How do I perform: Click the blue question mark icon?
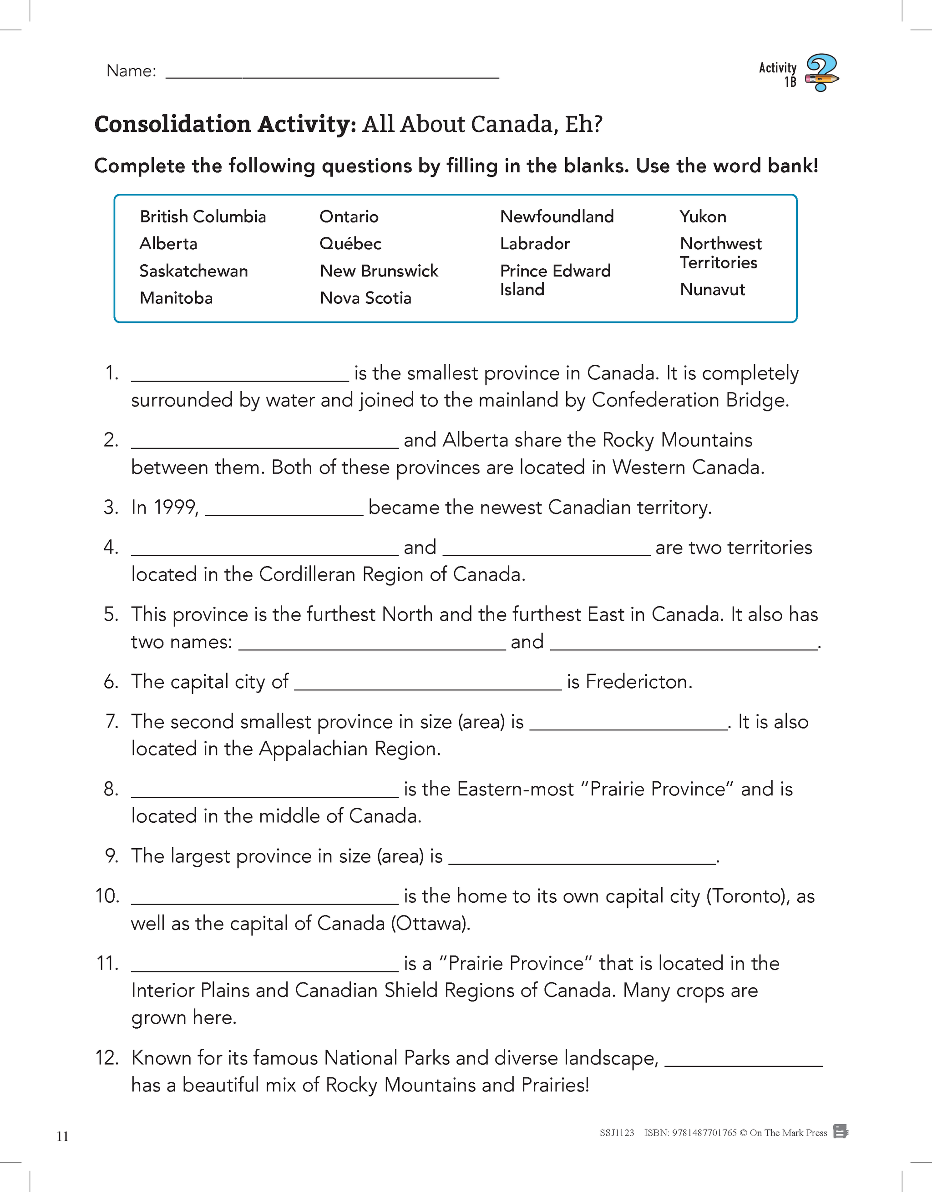(822, 72)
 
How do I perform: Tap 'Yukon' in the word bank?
(703, 216)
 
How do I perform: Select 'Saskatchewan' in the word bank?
(193, 271)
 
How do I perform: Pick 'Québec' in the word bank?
(350, 243)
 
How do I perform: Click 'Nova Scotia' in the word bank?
(365, 298)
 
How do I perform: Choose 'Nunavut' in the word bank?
(712, 289)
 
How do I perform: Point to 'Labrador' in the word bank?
(535, 243)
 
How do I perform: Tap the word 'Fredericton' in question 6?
(637, 682)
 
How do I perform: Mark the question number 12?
(107, 1058)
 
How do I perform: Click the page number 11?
(62, 1137)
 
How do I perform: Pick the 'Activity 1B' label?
(778, 74)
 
